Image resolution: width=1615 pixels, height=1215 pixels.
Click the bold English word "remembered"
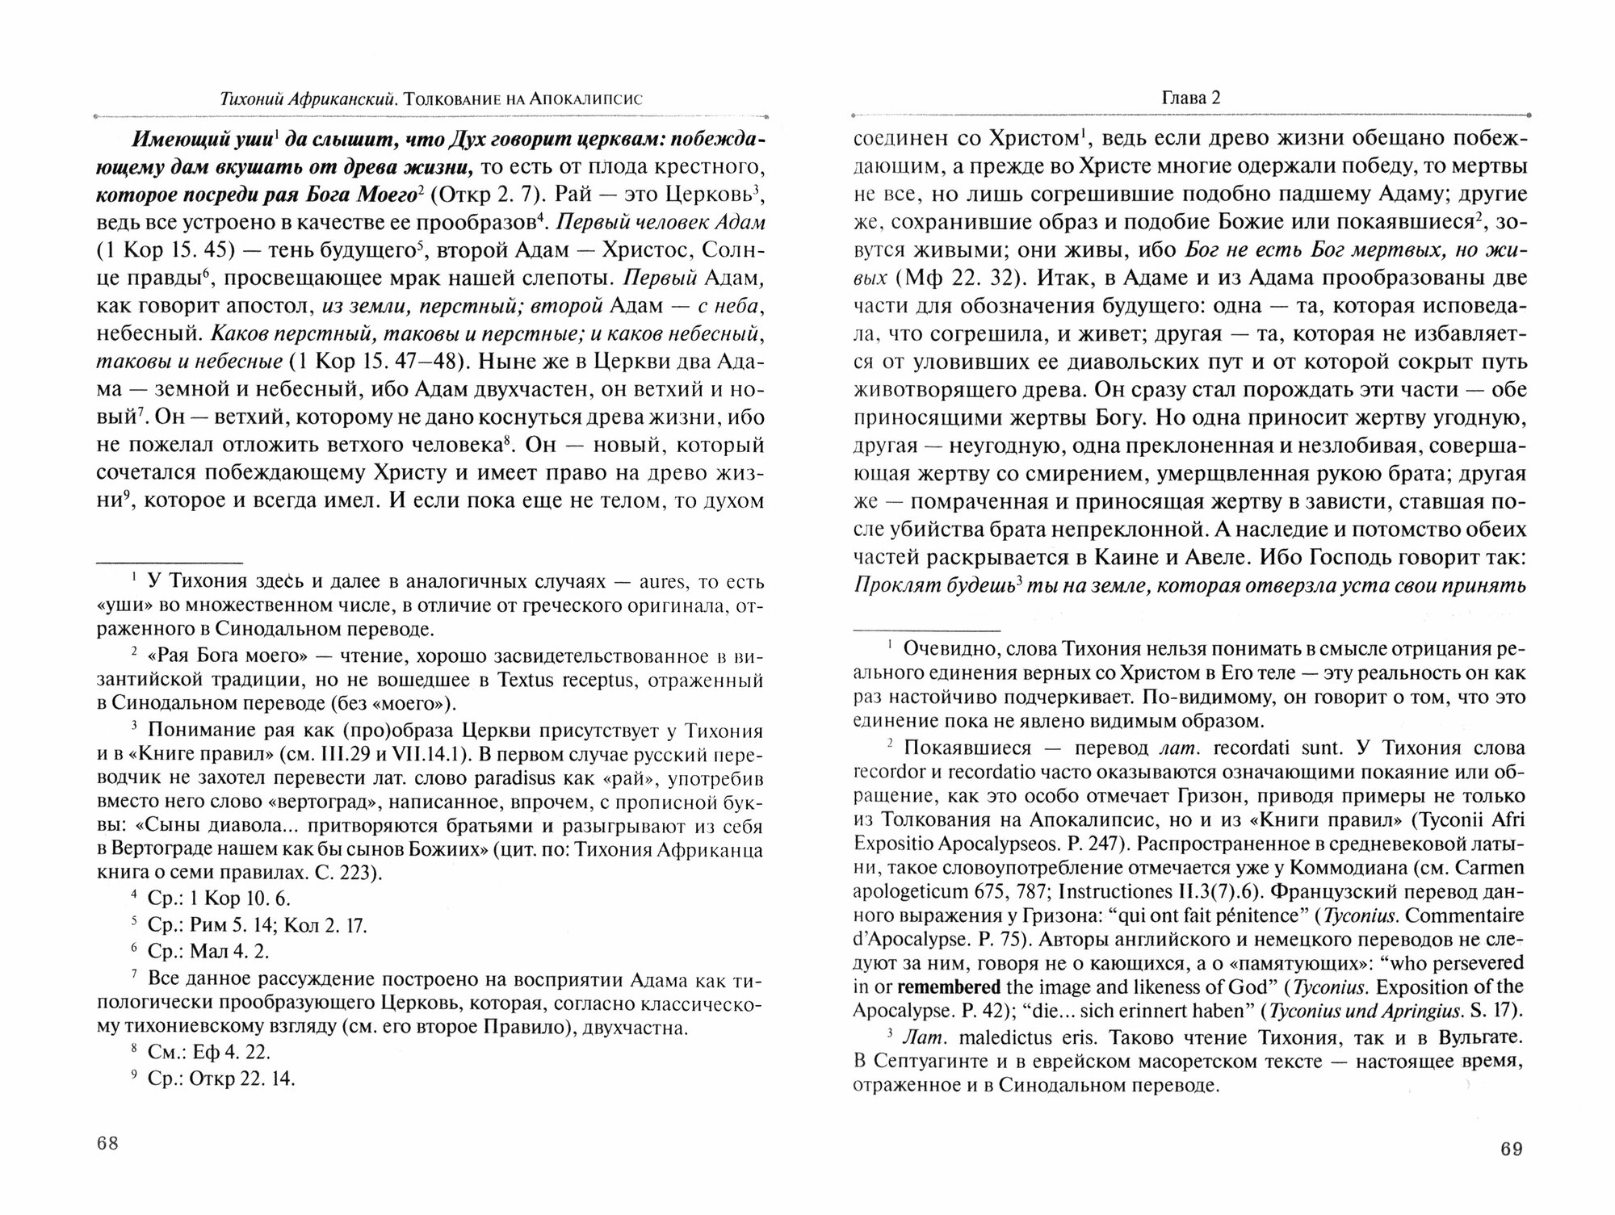click(949, 986)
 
